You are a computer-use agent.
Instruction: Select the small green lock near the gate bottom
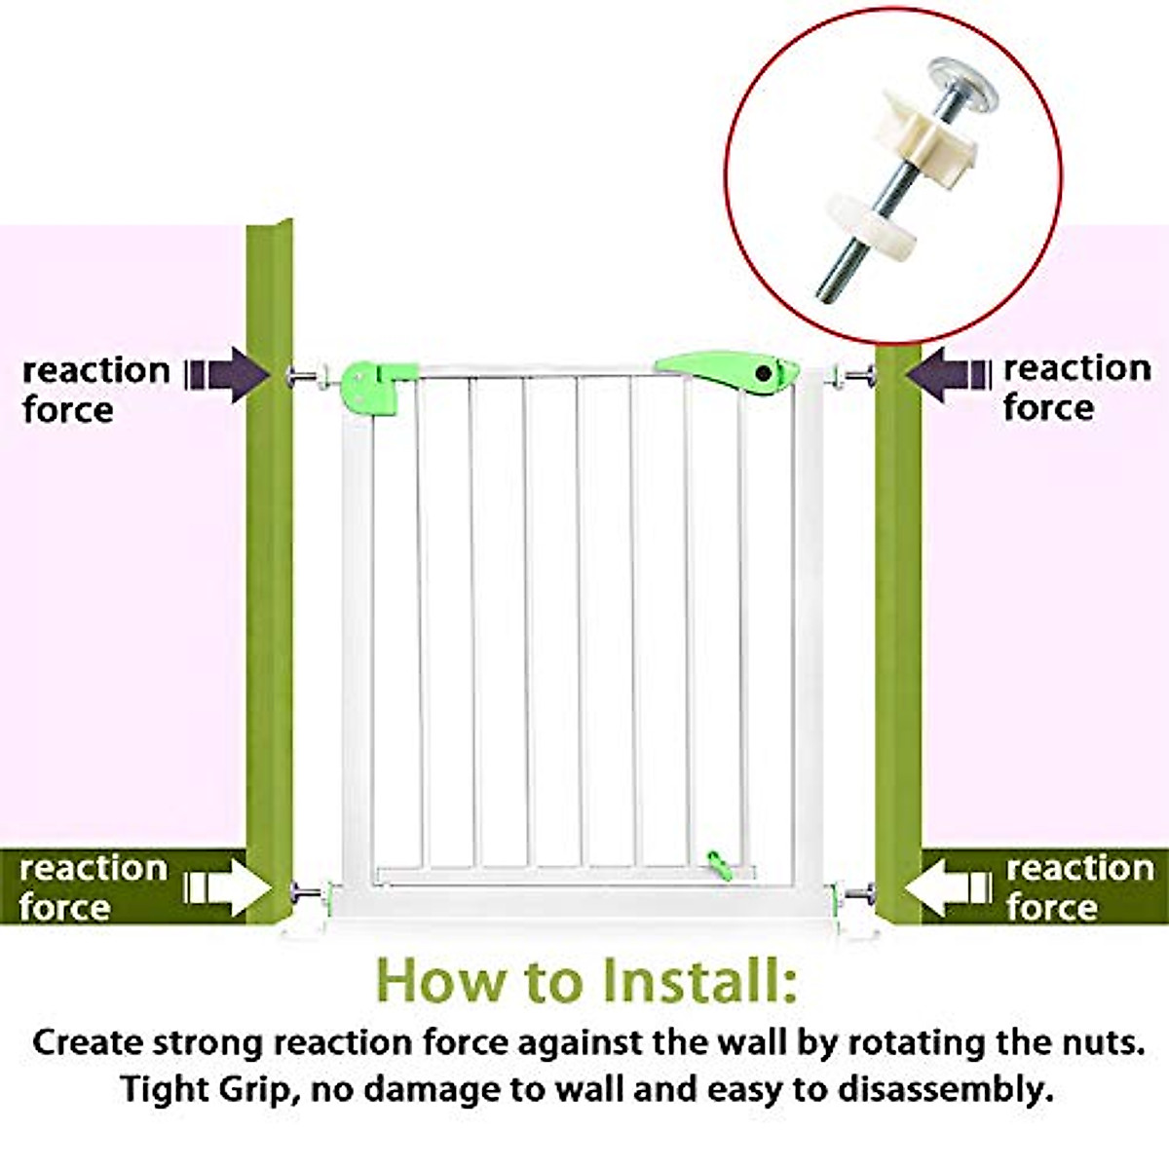tap(718, 863)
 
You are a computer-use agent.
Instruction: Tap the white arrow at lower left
tap(229, 886)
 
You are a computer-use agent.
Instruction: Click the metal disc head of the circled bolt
tap(962, 80)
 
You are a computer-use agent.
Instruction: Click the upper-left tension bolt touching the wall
tap(304, 376)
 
